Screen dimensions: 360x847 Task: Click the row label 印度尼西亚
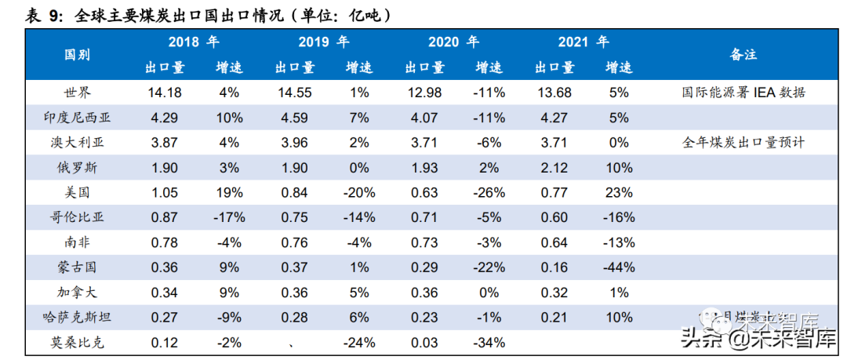(77, 118)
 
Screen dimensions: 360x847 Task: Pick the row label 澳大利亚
(77, 143)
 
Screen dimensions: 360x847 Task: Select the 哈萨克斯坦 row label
(77, 317)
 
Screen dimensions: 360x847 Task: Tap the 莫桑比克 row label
(77, 342)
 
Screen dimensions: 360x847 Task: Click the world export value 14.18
(164, 93)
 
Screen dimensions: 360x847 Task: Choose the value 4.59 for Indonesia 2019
(294, 118)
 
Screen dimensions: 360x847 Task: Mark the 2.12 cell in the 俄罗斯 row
(554, 168)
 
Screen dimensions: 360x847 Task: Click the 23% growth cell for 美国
(618, 193)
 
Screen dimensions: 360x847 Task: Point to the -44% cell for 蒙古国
(618, 267)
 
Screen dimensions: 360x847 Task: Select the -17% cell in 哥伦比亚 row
(229, 217)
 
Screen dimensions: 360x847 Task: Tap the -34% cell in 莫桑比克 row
(489, 342)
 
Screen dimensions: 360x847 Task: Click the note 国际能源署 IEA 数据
(743, 93)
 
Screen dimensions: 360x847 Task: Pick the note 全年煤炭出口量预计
(743, 143)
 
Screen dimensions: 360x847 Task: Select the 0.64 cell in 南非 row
(554, 242)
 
